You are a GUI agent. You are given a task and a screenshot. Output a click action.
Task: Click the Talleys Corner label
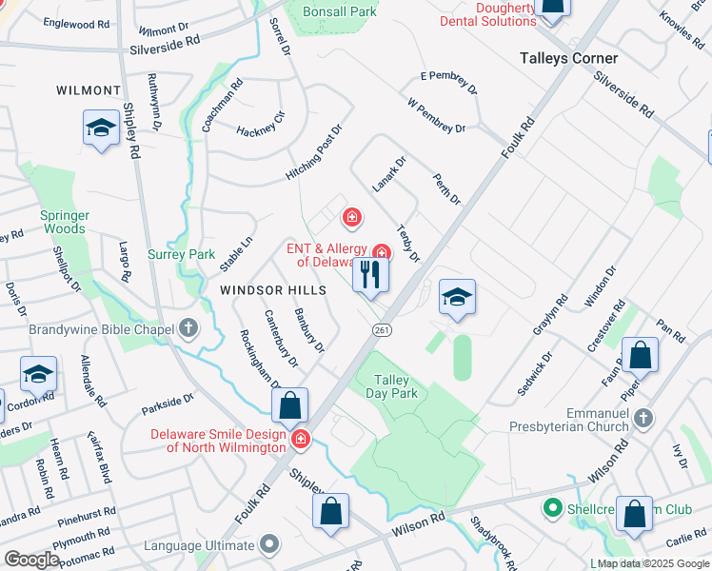568,58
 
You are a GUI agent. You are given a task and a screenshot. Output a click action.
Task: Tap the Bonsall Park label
339,11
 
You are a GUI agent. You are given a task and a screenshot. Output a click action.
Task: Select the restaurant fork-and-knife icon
369,274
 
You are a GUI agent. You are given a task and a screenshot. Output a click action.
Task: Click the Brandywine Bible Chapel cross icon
188,329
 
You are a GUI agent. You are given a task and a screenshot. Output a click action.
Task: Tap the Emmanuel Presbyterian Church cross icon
644,418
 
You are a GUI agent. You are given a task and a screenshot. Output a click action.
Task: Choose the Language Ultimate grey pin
269,545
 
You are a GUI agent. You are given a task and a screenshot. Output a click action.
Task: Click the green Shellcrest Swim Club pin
550,508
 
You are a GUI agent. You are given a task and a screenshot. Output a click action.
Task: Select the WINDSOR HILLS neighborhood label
273,289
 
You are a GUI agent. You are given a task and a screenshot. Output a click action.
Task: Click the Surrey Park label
182,254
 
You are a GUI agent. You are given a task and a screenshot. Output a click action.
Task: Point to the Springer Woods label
63,222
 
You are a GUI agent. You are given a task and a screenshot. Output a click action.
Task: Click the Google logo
32,559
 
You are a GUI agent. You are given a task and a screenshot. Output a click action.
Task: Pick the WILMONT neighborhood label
89,90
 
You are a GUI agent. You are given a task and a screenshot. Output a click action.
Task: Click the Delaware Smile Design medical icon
301,439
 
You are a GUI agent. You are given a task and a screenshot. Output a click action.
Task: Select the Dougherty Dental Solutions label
489,14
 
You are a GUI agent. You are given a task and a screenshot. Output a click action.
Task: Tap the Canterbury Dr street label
281,339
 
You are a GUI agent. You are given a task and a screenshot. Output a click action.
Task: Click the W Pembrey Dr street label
436,115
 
